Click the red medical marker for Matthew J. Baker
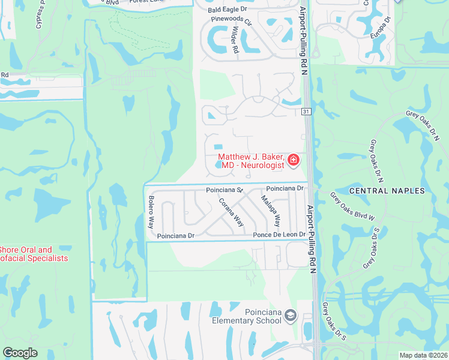click(294, 160)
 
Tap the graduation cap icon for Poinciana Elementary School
click(291, 316)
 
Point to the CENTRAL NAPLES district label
click(387, 191)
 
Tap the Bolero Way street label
click(151, 212)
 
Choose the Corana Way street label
click(231, 212)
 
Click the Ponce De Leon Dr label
click(280, 235)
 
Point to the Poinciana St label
click(223, 190)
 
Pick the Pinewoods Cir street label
click(230, 19)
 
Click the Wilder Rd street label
click(236, 40)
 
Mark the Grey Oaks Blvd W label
click(353, 205)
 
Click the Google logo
click(20, 353)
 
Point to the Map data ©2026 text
click(423, 355)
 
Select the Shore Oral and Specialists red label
click(34, 254)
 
